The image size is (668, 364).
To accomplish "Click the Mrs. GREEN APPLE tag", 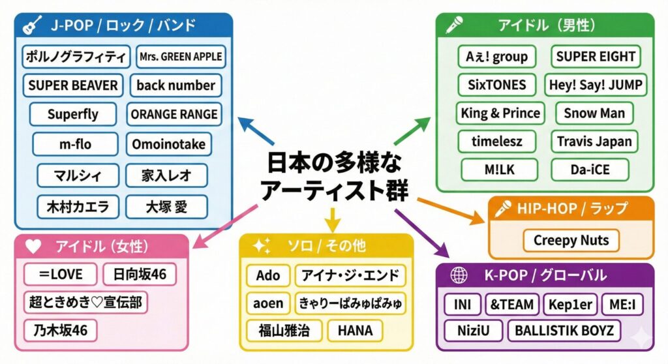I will (181, 57).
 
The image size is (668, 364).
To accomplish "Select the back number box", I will (175, 85).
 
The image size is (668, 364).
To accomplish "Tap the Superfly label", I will (73, 114).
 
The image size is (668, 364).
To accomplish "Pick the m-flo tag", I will (75, 144).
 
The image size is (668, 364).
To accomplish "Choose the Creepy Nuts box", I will (571, 240).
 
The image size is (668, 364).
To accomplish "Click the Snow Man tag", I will (594, 113).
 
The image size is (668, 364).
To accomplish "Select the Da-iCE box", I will (590, 170).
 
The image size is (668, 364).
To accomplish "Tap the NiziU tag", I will (474, 330).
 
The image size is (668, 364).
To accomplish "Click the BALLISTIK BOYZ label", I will (564, 330).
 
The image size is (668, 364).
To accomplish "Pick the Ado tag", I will (267, 275).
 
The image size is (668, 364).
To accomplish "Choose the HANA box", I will (356, 330).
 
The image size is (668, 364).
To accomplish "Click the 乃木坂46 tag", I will (60, 330).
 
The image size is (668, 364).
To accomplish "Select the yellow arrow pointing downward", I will (333, 218).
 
